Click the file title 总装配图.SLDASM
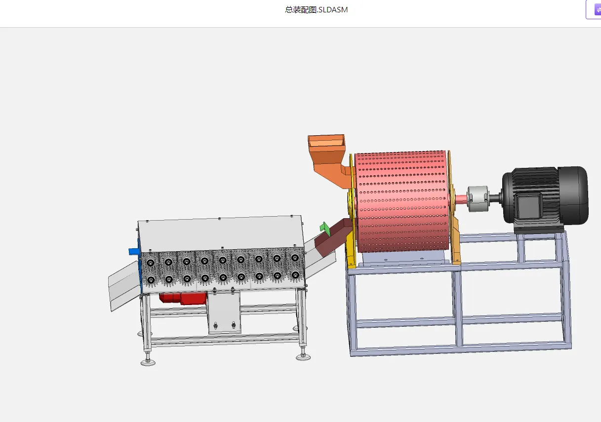pos(316,10)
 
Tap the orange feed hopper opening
pos(326,141)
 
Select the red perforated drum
pos(402,201)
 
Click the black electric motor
pos(545,199)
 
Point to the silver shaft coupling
pos(478,199)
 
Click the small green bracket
pos(325,229)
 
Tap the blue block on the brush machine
pos(134,251)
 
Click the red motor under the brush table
pos(183,298)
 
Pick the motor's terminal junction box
pos(528,207)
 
